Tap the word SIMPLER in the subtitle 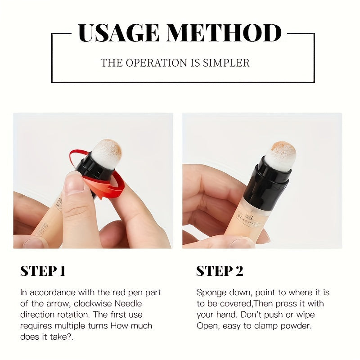point(226,63)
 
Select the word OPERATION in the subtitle point(156,63)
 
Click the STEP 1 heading point(43,271)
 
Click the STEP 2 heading point(220,271)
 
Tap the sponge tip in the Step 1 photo point(107,153)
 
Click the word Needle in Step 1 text point(128,303)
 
